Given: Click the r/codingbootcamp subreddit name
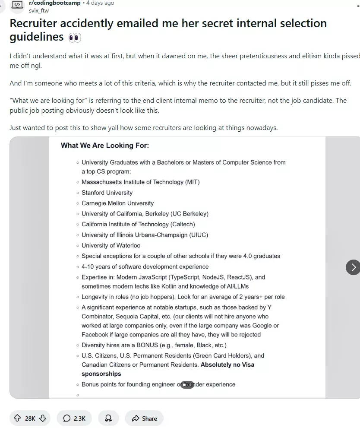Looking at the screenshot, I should [x=54, y=3].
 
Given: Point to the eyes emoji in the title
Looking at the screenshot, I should [x=75, y=38].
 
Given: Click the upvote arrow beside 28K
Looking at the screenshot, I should [x=17, y=418].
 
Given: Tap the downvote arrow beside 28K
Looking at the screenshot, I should [x=43, y=418].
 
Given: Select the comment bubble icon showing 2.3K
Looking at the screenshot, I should [x=67, y=418].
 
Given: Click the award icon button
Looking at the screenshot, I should [x=108, y=418].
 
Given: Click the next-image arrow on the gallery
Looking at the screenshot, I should [x=353, y=267].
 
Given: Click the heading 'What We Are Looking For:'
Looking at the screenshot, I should [x=104, y=146].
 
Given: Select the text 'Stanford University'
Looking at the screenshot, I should [x=107, y=193].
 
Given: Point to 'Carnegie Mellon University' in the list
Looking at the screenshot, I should [x=117, y=203].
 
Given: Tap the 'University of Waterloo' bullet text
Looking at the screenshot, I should [x=111, y=245].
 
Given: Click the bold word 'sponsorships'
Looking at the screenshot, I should [x=101, y=374].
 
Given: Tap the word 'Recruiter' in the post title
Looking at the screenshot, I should [x=34, y=23].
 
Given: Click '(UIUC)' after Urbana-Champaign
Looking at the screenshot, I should [x=199, y=235].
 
